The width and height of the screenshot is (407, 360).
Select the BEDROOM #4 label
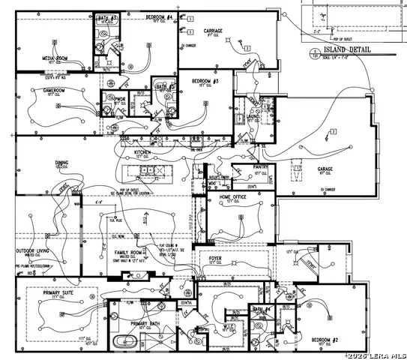coord(158,16)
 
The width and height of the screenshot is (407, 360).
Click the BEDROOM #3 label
coord(204,81)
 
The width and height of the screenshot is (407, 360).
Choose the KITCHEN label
coord(142,152)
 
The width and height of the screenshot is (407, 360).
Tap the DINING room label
coord(61,162)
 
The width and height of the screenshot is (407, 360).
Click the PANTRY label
coord(261,166)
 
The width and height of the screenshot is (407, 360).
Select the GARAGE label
coord(325,169)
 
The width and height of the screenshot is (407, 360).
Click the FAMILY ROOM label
coord(129,253)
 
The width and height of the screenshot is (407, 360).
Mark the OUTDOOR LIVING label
coord(34,251)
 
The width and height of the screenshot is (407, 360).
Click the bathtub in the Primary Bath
coord(124,342)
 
